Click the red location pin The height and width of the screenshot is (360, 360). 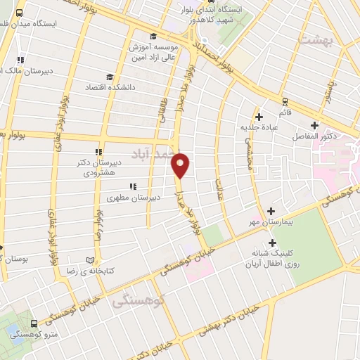pos(181,164)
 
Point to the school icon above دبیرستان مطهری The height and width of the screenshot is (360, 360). pos(132,186)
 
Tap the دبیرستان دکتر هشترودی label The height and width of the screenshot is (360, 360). pos(102,167)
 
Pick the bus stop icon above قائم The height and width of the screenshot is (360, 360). pos(285,101)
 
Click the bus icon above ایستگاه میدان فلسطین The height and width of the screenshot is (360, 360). pos(19,13)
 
